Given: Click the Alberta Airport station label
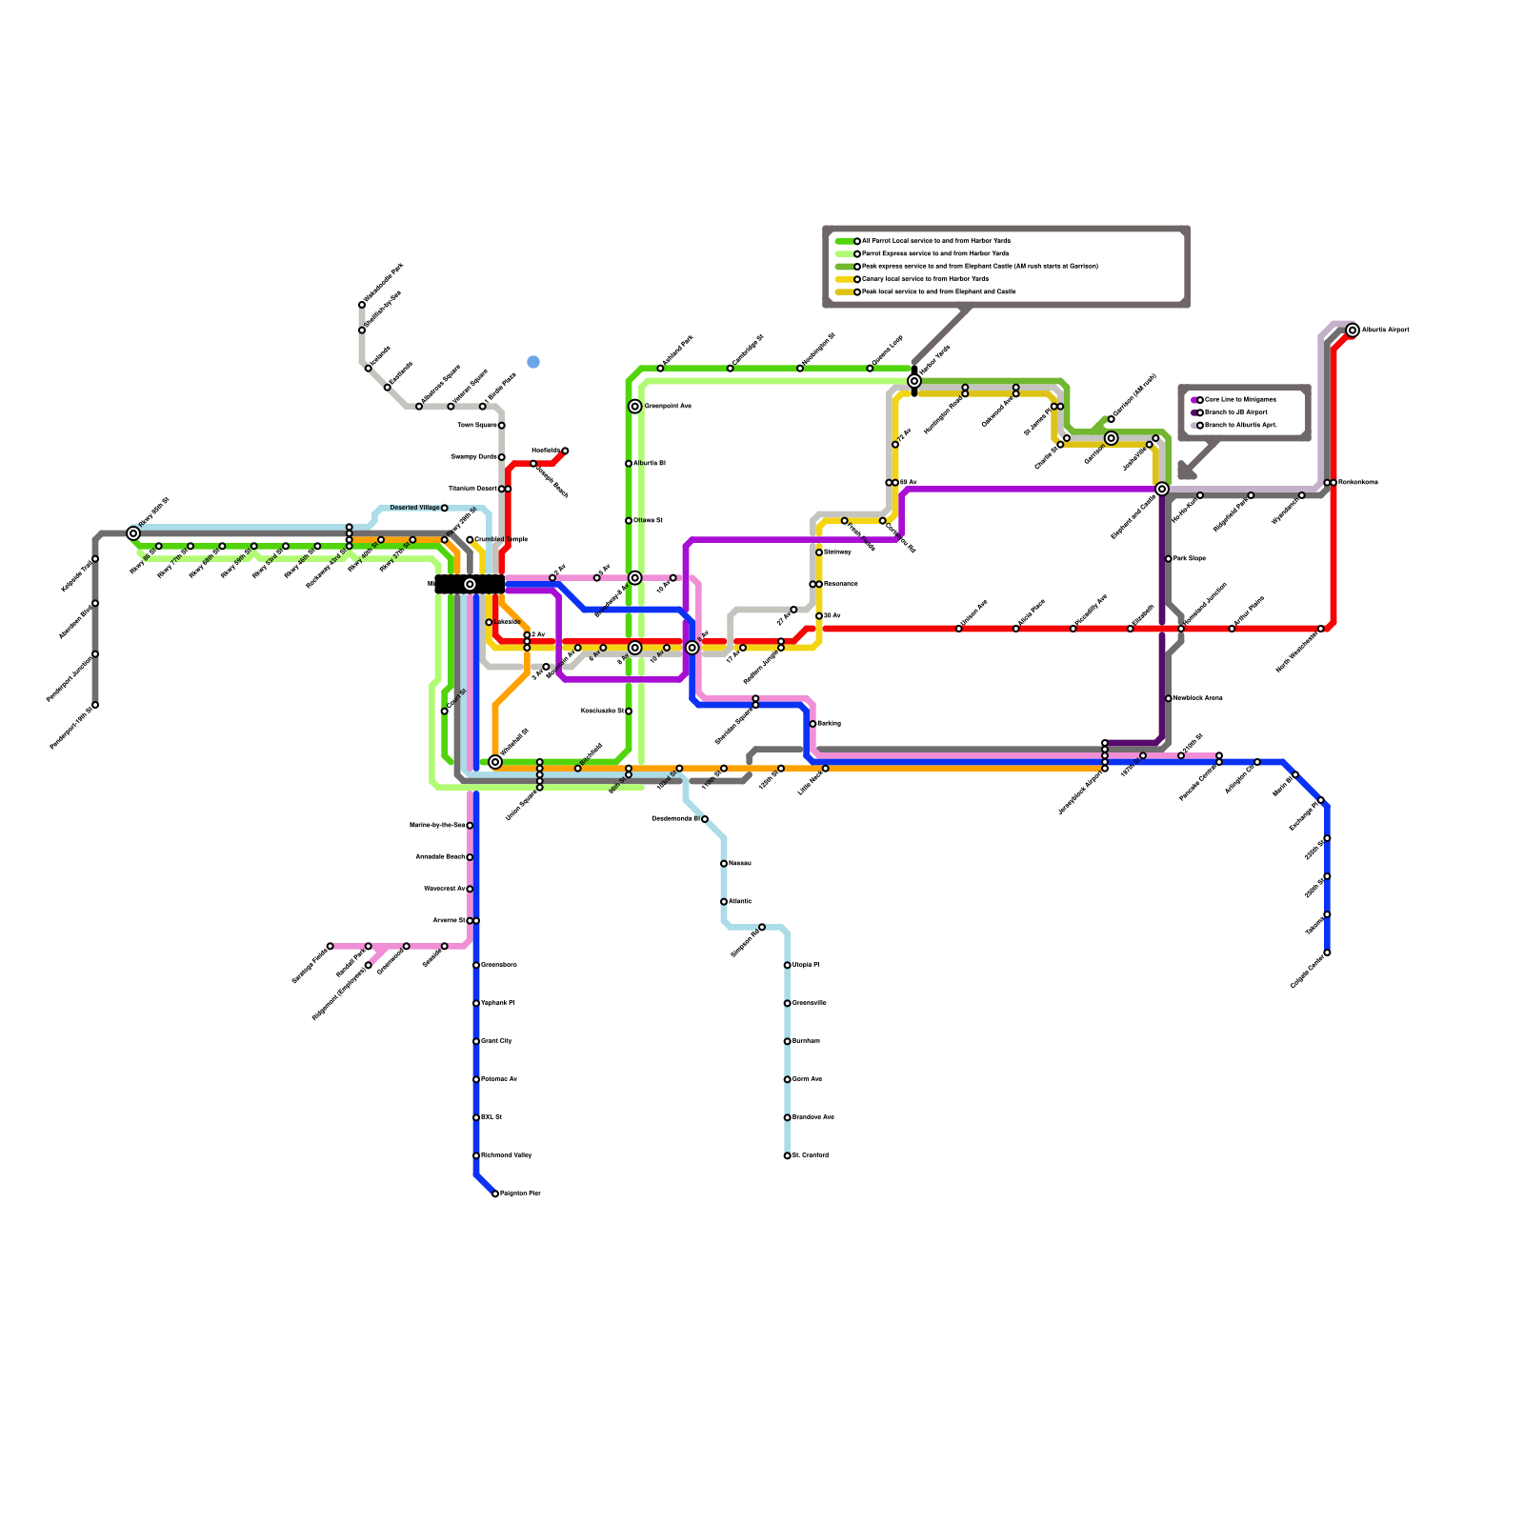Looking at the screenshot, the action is (x=1385, y=331).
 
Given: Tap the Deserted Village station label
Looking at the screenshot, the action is (x=414, y=508).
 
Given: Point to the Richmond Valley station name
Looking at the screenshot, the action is (x=507, y=1155).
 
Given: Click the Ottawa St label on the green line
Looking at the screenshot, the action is (x=648, y=521).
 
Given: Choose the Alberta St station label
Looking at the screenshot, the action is (x=649, y=464).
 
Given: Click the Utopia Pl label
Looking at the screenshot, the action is (x=806, y=965).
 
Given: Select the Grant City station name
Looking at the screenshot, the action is (x=496, y=1041).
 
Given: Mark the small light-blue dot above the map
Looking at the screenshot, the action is (x=533, y=362).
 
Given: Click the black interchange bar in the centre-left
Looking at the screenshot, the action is (x=470, y=584).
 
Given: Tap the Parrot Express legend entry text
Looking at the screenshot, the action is (x=934, y=254).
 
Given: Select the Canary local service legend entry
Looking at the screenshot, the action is (x=924, y=279).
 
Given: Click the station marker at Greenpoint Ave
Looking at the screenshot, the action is (x=635, y=407).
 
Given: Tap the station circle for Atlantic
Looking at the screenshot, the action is (x=724, y=902).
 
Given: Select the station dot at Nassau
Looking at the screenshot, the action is (x=724, y=864).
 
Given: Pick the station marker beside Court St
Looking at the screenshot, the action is (x=445, y=711).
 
